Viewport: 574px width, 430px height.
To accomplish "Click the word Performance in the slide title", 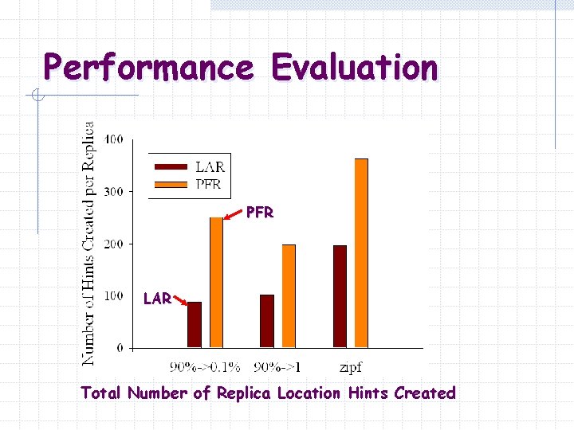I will click(x=148, y=68).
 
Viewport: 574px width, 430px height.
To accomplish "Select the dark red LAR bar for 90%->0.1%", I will click(x=195, y=325).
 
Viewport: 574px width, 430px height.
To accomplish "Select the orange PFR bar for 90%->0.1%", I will click(x=217, y=283).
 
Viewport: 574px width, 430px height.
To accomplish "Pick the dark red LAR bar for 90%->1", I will click(x=267, y=321).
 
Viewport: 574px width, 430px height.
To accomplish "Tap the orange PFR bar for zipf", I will click(x=361, y=253).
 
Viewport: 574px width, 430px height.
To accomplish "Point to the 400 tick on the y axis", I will click(x=113, y=139).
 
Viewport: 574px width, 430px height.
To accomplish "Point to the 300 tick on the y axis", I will click(x=113, y=192).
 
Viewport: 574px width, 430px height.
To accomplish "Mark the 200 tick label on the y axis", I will click(x=113, y=244).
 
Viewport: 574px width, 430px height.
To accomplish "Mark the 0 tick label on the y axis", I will click(x=120, y=348).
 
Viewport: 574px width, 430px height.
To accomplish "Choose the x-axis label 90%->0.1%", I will click(x=205, y=368).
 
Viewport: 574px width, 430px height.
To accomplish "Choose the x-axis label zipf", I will click(x=351, y=368).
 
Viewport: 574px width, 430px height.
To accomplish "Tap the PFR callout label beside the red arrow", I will click(x=260, y=213).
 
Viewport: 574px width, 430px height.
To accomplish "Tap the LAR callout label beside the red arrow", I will click(x=157, y=299).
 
